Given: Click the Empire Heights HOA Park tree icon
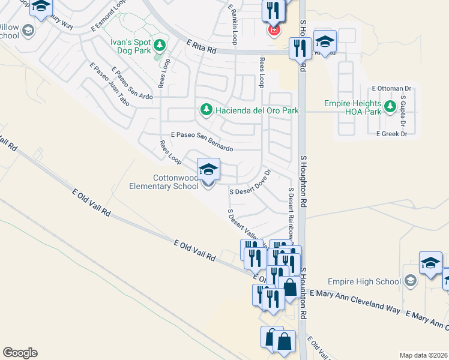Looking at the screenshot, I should [x=390, y=107].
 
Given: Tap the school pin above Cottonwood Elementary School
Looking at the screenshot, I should [x=208, y=170].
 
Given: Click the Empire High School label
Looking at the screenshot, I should [x=364, y=281].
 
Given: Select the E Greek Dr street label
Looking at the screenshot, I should [x=391, y=134].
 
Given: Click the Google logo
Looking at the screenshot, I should [x=20, y=353].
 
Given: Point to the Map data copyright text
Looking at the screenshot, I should [x=423, y=355].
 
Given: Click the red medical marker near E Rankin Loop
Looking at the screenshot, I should [x=274, y=29].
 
